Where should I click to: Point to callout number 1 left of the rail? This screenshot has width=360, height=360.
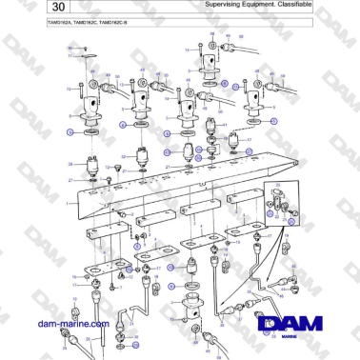[67, 203]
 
